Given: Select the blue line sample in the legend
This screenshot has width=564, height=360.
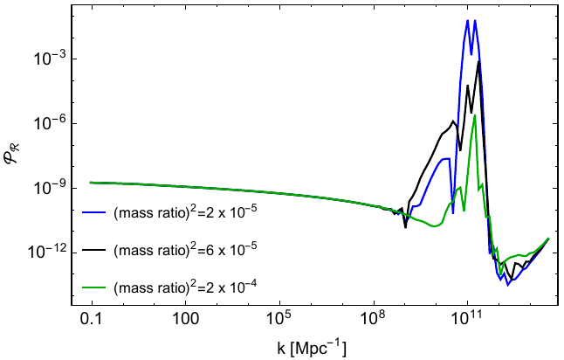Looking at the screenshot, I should coord(93,212).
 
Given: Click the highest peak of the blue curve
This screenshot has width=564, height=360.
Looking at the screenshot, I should coord(468,21).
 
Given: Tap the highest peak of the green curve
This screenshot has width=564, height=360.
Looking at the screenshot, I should coord(474,116).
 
